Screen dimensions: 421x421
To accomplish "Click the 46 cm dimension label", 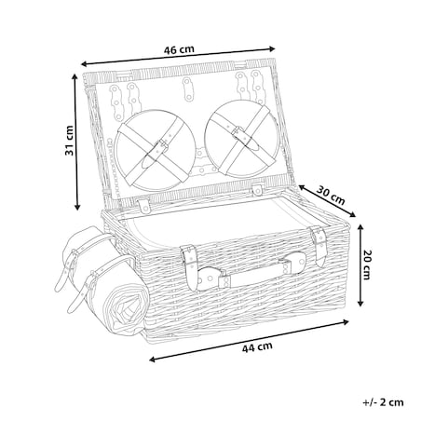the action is point(179,49).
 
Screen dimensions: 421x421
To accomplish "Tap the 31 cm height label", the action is point(69,141).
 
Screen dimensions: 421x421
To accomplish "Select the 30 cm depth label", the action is point(331,196).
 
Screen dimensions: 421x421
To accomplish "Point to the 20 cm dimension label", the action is point(366,265).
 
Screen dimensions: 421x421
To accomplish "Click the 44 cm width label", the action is point(257,346).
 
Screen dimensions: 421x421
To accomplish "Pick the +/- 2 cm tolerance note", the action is point(383,402).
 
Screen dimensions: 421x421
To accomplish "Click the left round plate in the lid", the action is point(156,150).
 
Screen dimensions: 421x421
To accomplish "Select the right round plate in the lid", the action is point(242,138).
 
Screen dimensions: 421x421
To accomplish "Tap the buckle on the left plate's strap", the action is point(161,147).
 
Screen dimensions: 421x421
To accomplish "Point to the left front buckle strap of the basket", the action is point(189,266).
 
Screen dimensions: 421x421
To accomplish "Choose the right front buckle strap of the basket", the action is point(319,245).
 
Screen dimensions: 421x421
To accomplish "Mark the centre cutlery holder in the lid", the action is point(187,89).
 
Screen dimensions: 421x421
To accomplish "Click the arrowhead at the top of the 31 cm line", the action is point(75,76).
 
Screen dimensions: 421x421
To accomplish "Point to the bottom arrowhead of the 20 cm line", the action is point(360,303).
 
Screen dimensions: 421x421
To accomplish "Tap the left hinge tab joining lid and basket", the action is point(143,206).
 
